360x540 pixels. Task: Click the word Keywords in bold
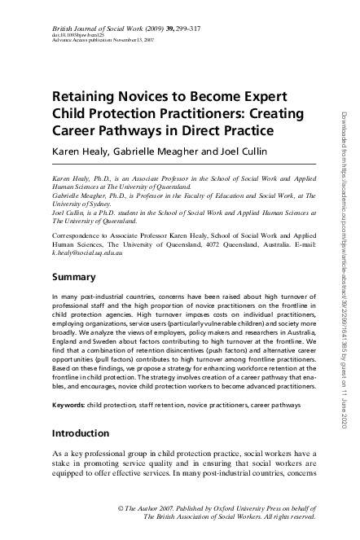pyautogui.click(x=72, y=405)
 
